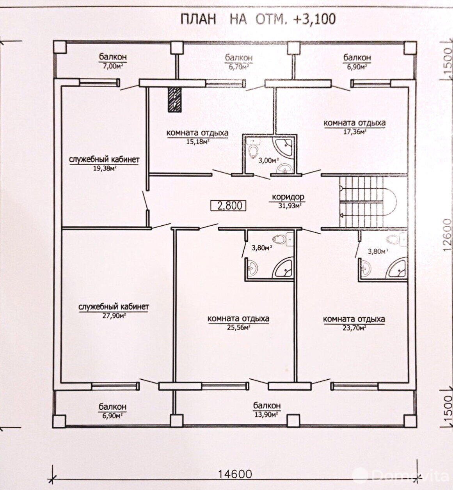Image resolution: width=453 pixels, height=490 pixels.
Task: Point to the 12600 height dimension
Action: coord(447,235)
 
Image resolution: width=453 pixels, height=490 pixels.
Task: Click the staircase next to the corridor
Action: coord(368,202)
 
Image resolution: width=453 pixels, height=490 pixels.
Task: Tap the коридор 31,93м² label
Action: coord(288,201)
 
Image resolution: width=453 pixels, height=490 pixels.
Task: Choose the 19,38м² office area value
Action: coord(105,169)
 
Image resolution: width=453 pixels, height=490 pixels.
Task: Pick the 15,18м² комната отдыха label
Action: coord(197,137)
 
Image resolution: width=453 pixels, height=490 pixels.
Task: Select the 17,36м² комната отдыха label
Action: coord(354,127)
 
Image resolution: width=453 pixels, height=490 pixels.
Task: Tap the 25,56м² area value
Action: coord(238,328)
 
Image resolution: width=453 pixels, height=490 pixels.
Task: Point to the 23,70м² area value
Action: coord(354,328)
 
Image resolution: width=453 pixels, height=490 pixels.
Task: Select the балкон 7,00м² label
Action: coord(113,61)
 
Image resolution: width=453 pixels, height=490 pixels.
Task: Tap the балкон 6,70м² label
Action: coord(239,62)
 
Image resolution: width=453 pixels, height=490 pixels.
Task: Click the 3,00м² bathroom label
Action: coord(269,161)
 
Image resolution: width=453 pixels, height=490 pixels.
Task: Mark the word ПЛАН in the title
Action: coord(198,19)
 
